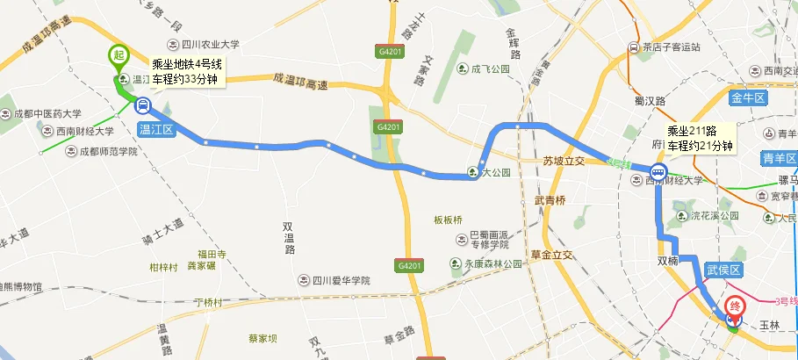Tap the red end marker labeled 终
[x=736, y=306]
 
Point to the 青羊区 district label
[x=780, y=160]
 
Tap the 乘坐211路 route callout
[x=700, y=139]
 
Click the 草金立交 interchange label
[x=551, y=255]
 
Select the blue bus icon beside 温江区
[x=141, y=105]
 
